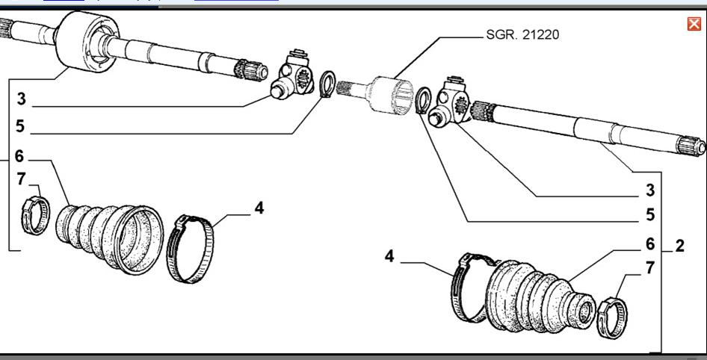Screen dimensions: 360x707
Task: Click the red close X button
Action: (694, 24)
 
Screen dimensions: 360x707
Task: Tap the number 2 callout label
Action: (679, 246)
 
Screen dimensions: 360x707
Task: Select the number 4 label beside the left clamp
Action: (259, 208)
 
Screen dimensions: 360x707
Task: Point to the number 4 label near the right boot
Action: (389, 257)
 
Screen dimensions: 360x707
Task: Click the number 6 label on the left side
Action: (19, 157)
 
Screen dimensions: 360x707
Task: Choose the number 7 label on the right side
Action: (650, 267)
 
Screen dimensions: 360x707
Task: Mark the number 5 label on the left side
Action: (20, 128)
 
